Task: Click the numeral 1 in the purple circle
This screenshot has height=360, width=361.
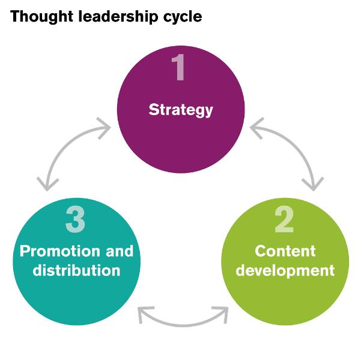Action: (180, 68)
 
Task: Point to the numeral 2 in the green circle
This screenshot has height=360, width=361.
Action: (284, 220)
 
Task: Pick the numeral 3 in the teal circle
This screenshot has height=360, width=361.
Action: (76, 220)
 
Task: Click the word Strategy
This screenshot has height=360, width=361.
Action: (181, 110)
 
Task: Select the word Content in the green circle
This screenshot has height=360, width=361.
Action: (285, 250)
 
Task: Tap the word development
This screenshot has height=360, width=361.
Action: (285, 270)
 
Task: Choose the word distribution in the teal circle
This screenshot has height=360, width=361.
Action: (76, 270)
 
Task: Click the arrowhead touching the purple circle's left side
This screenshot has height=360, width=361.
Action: (105, 127)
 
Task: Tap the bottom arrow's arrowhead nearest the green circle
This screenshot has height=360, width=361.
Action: (222, 314)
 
